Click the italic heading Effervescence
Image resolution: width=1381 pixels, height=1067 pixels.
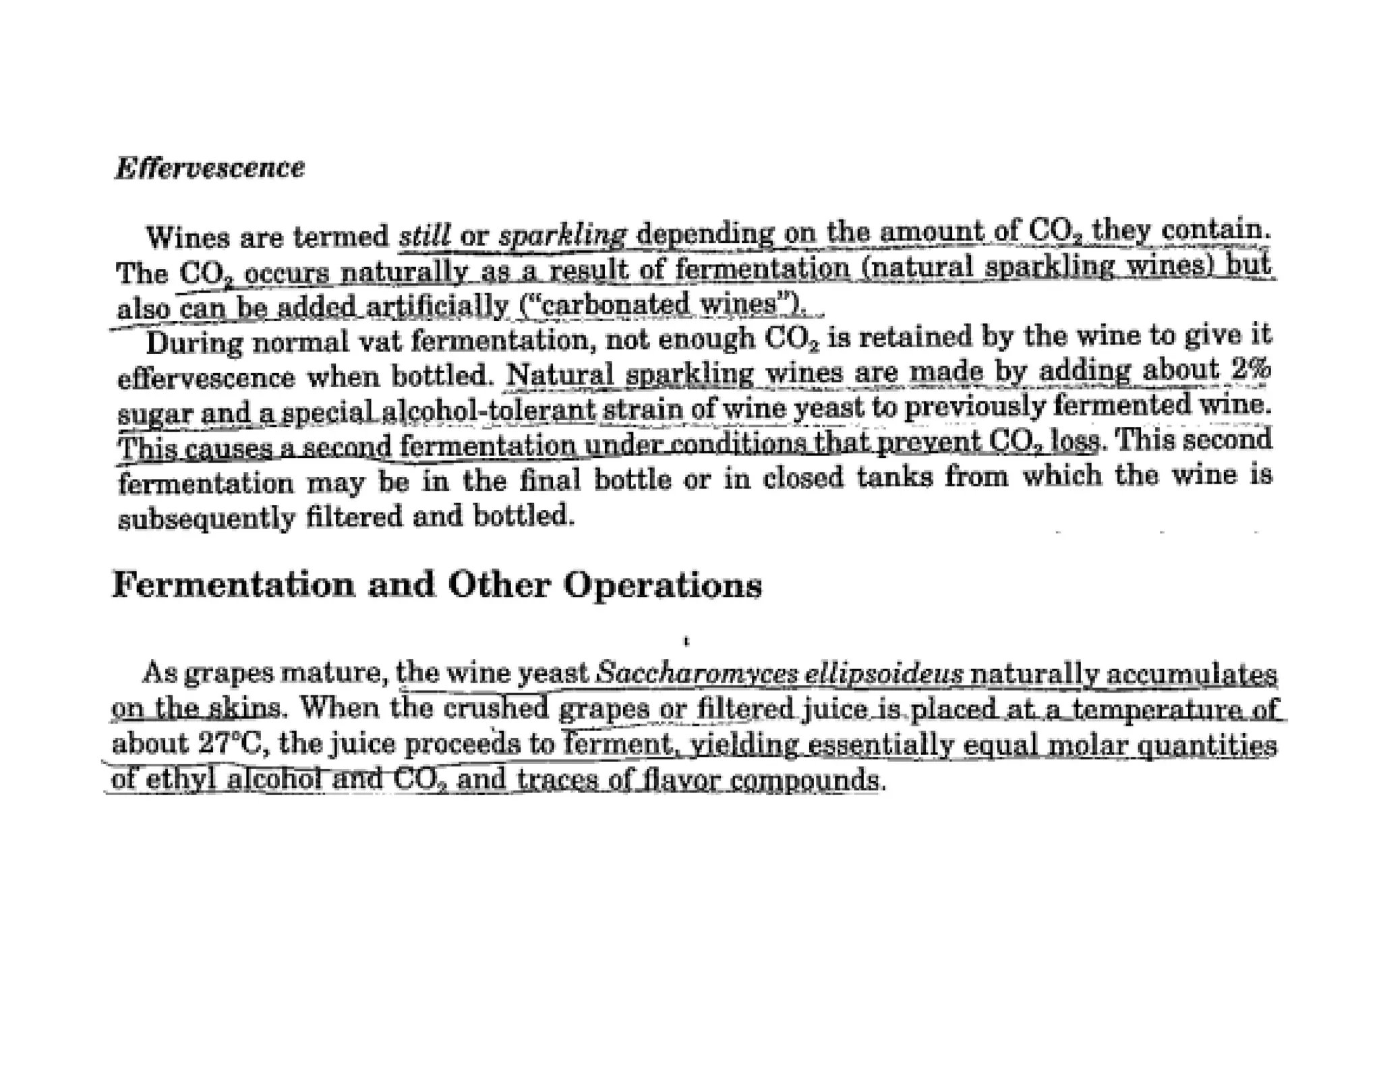[210, 168]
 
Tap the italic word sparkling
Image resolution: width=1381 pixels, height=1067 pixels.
[563, 236]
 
